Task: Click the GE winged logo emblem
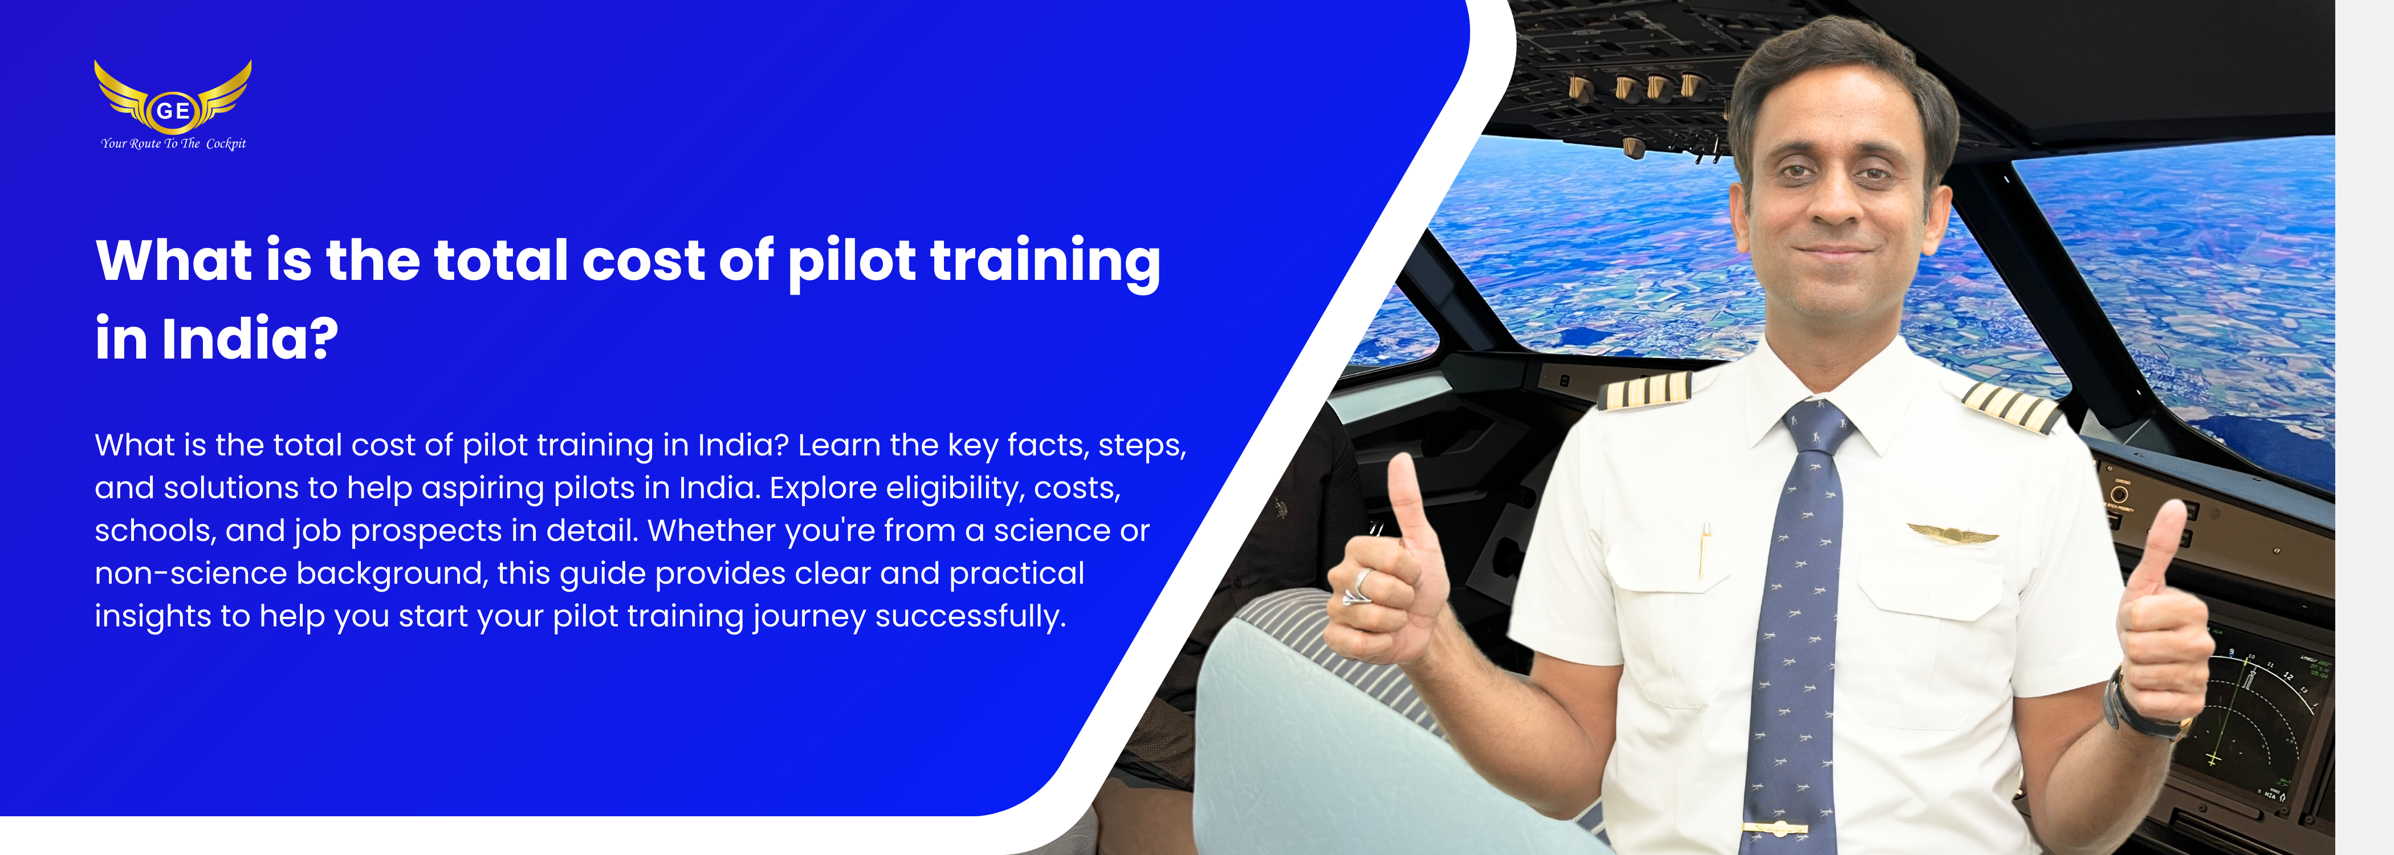click(173, 97)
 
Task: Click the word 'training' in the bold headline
click(1045, 262)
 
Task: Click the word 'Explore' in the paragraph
click(823, 488)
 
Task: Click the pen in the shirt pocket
click(1704, 550)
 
